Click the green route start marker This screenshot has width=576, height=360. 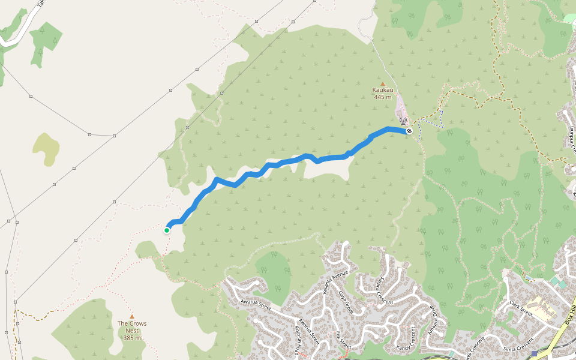pyautogui.click(x=167, y=230)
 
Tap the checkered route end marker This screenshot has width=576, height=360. pyautogui.click(x=409, y=131)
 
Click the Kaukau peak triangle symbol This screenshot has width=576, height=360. pyautogui.click(x=382, y=84)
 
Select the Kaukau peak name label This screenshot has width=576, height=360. pyautogui.click(x=382, y=91)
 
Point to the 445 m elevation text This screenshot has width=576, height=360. pyautogui.click(x=382, y=97)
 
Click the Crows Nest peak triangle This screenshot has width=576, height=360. pyautogui.click(x=132, y=317)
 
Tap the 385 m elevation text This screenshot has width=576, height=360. pyautogui.click(x=132, y=338)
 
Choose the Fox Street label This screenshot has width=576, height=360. pyautogui.click(x=342, y=339)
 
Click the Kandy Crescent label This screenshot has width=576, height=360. pyautogui.click(x=412, y=339)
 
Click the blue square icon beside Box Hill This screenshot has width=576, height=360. pyautogui.click(x=534, y=354)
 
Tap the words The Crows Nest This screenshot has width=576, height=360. pyautogui.click(x=132, y=327)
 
